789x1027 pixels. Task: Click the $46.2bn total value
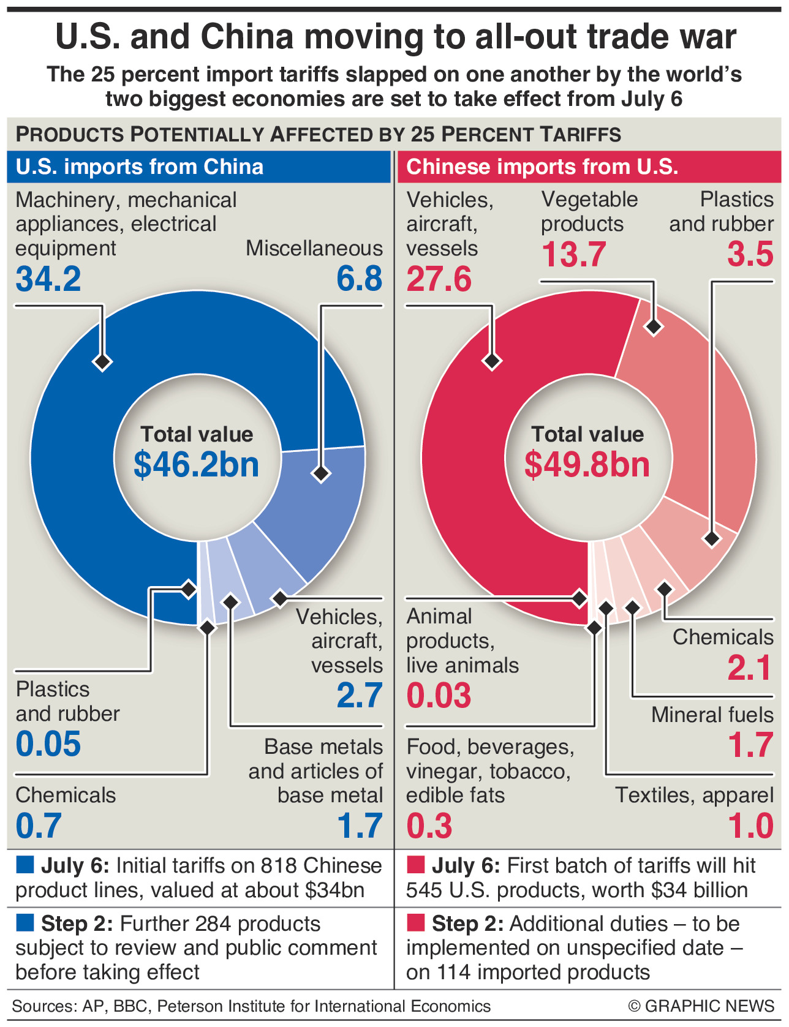tap(197, 465)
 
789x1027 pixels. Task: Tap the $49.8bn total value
tap(587, 465)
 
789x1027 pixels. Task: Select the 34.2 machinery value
tap(48, 279)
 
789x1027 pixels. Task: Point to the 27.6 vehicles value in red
tap(439, 279)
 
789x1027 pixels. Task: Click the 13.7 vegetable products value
tap(573, 255)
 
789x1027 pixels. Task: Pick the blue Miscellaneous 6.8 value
tap(359, 279)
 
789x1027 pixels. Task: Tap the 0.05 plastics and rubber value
tap(48, 745)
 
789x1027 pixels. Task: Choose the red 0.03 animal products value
tap(439, 696)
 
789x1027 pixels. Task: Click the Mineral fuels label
tap(712, 715)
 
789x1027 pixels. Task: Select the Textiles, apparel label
tap(694, 795)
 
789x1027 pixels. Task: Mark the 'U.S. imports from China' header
tap(140, 167)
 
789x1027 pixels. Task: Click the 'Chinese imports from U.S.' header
tap(542, 167)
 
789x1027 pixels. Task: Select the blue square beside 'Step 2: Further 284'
tap(25, 923)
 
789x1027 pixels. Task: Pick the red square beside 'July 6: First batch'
tap(415, 865)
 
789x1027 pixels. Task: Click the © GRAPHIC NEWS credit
tap(701, 1006)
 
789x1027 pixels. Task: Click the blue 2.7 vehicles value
tap(359, 696)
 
